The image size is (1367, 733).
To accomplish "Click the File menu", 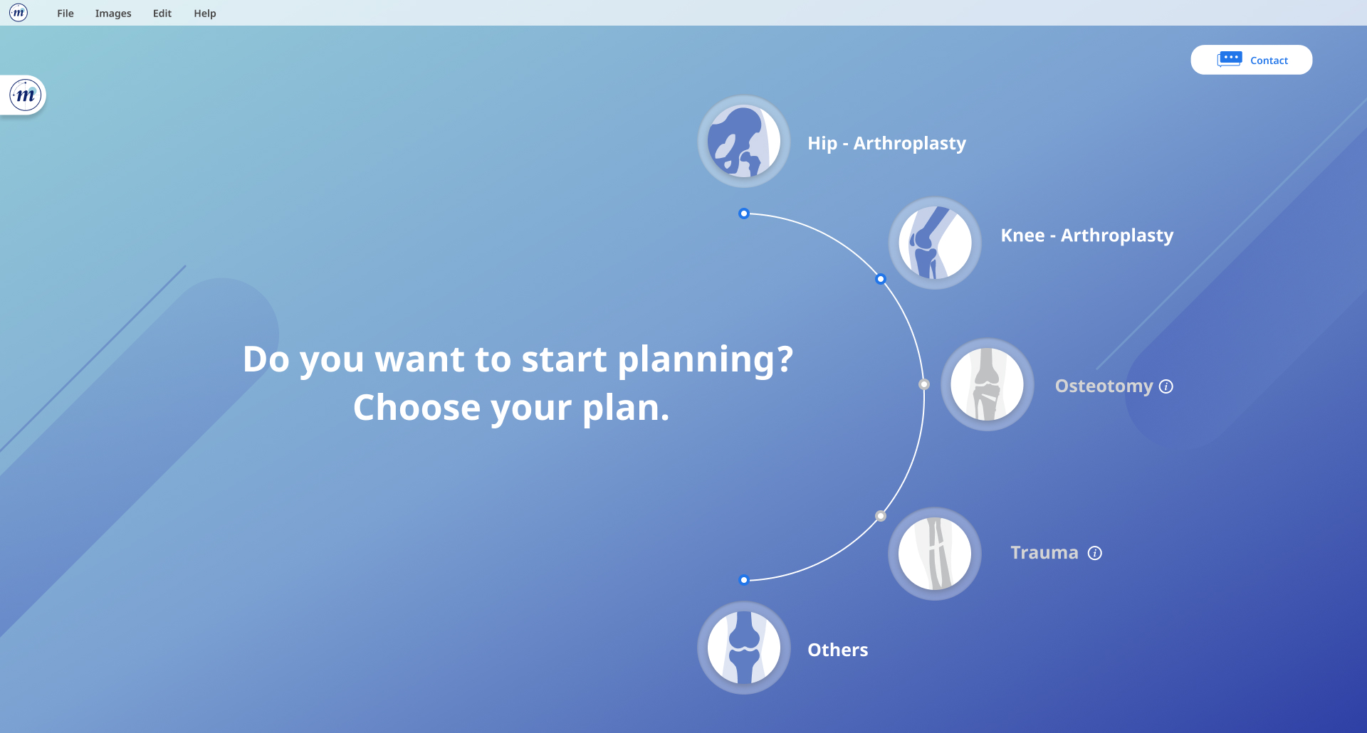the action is click(65, 14).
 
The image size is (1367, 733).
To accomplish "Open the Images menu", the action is click(113, 14).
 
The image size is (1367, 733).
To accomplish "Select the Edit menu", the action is click(162, 14).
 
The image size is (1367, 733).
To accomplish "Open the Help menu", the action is click(205, 14).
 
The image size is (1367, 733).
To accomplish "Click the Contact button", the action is click(1251, 60).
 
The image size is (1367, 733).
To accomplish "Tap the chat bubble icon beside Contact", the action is click(1230, 59).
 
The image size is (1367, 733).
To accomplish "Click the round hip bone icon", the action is click(744, 142).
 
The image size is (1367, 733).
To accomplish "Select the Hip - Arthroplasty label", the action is click(886, 144).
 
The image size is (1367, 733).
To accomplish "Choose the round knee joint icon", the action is click(935, 243).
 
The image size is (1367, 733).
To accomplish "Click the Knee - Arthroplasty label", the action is click(1086, 236).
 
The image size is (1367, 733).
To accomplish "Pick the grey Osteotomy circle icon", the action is click(988, 384).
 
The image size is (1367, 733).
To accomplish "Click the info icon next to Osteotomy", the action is click(1166, 386).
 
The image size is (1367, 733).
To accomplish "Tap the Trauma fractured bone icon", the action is click(935, 554).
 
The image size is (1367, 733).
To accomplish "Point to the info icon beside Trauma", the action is click(1095, 553).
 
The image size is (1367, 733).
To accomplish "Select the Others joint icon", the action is click(744, 648).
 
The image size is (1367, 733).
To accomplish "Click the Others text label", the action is click(837, 650).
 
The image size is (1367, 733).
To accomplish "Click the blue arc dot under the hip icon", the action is click(744, 213).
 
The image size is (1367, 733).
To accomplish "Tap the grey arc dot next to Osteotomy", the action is click(924, 384).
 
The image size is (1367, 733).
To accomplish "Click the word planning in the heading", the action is click(705, 360).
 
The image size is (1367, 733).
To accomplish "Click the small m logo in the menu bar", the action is click(19, 13).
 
